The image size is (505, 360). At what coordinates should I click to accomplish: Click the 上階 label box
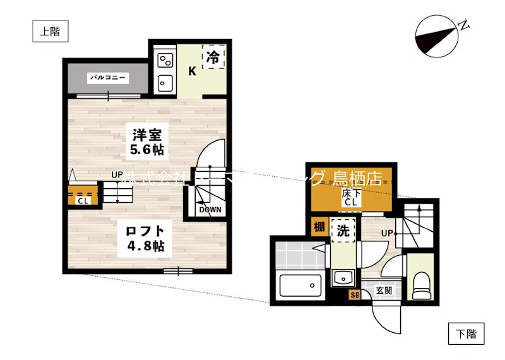(50, 32)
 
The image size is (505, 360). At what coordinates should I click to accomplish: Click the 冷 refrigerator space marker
(213, 58)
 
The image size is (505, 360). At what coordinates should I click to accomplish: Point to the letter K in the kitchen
(192, 71)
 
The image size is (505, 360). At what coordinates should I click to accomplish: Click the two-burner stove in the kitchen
(165, 59)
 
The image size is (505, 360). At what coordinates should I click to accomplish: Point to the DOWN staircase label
(209, 210)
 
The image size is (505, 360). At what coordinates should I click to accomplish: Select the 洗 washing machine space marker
(342, 231)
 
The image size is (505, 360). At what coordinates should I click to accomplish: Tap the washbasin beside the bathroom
(344, 278)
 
